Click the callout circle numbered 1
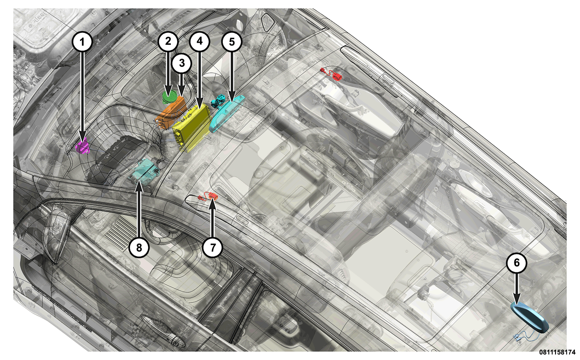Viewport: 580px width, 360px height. coord(82,42)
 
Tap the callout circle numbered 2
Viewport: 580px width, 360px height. coord(168,41)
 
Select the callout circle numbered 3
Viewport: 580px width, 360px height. coord(182,63)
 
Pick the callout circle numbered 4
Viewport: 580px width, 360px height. coord(199,41)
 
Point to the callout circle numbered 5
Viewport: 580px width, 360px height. coord(232,42)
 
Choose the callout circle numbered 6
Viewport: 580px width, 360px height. coord(516,263)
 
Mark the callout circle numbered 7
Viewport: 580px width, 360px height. coord(213,248)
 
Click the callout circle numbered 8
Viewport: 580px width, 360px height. coord(139,248)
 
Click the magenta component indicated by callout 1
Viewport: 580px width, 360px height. coord(83,146)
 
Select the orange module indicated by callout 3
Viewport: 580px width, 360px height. coord(172,113)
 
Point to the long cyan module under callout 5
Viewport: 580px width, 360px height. coord(228,113)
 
